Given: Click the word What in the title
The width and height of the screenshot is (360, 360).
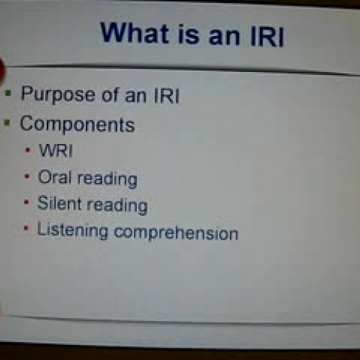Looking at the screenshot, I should [x=136, y=34].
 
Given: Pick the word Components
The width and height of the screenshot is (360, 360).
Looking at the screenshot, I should [x=77, y=124].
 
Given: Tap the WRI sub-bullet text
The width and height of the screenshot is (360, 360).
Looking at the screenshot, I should [x=53, y=151].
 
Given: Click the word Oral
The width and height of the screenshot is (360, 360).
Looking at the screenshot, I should [x=55, y=177].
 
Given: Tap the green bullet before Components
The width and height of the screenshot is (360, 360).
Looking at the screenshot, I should [x=9, y=125].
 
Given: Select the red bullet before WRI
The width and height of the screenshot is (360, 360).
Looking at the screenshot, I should [x=27, y=152].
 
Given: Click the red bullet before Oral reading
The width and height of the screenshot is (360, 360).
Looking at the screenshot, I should [x=27, y=178].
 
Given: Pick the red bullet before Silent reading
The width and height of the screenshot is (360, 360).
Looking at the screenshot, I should [x=27, y=204].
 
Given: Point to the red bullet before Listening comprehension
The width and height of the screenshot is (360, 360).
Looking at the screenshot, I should [x=27, y=231].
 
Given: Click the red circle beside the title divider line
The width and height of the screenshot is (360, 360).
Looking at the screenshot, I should [x=2, y=70].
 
